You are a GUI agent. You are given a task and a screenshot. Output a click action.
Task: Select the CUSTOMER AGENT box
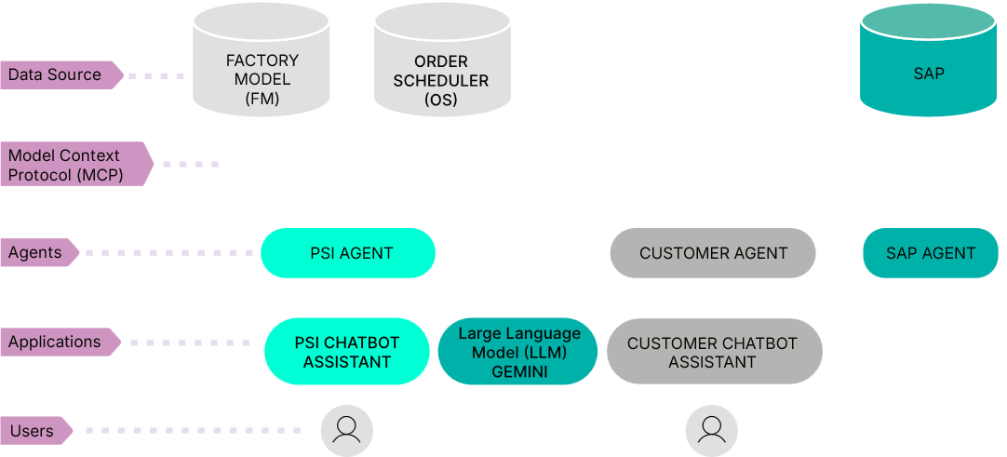pyautogui.click(x=713, y=252)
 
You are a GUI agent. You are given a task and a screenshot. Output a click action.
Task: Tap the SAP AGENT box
pyautogui.click(x=931, y=252)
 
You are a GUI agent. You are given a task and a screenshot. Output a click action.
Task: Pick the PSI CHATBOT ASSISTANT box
pyautogui.click(x=346, y=352)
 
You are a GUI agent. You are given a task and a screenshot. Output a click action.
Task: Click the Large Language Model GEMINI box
pyautogui.click(x=518, y=352)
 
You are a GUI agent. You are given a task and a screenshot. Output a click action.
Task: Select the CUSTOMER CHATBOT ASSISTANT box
pyautogui.click(x=712, y=352)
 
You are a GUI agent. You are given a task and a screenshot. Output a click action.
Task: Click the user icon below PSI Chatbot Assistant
pyautogui.click(x=346, y=429)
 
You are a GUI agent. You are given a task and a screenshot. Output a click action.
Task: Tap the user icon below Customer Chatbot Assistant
pyautogui.click(x=712, y=429)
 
